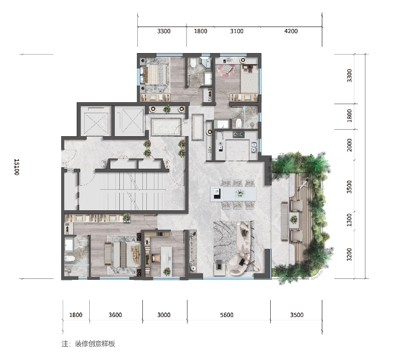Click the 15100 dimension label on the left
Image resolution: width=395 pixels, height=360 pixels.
pos(17,167)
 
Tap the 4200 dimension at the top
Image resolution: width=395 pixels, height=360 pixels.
pos(291,31)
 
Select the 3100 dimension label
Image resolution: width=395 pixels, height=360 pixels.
pos(237,31)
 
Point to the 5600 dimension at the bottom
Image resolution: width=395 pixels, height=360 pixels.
pos(227,315)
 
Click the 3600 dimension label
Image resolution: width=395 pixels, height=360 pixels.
pos(115,315)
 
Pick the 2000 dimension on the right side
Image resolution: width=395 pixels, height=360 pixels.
pos(349,145)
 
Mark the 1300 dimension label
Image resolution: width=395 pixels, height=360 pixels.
pos(349,220)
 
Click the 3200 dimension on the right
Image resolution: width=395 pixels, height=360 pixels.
pos(349,254)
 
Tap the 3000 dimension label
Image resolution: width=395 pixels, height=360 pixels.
pos(164,315)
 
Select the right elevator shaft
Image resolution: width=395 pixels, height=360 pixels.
pos(129,121)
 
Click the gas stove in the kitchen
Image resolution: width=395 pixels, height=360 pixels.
pos(238,135)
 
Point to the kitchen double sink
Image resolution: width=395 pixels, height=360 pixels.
pos(254,147)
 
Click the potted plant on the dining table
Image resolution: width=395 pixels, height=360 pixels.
pos(240,193)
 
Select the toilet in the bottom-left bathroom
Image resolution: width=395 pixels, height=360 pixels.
pos(69,258)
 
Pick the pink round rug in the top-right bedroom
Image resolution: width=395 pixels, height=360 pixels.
pos(226,71)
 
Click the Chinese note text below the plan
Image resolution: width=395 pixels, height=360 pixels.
pos(88,343)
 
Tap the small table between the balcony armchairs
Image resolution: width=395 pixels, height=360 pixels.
pos(293,219)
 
